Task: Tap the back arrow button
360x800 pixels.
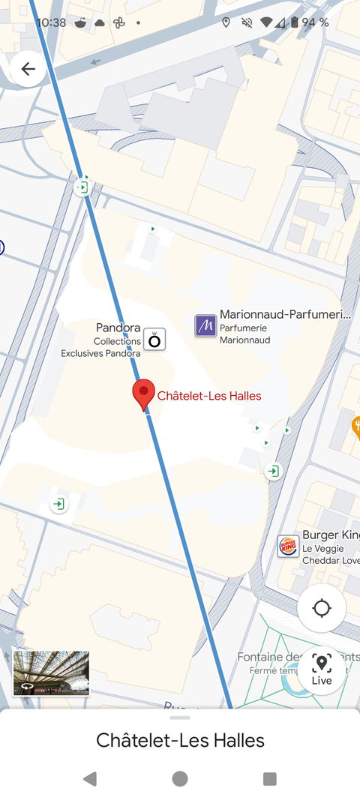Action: pyautogui.click(x=28, y=70)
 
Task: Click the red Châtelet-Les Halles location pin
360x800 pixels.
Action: pyautogui.click(x=143, y=393)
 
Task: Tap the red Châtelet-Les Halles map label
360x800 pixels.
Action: pyautogui.click(x=209, y=396)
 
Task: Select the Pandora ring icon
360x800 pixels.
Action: pyautogui.click(x=154, y=340)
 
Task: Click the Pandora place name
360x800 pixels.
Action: pyautogui.click(x=118, y=328)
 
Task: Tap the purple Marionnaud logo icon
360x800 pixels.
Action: pyautogui.click(x=205, y=325)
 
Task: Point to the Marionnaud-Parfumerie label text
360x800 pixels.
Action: pyautogui.click(x=285, y=315)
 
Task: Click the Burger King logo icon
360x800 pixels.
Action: pyautogui.click(x=288, y=546)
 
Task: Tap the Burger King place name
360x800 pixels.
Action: pyautogui.click(x=330, y=535)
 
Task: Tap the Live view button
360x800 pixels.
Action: pyautogui.click(x=322, y=670)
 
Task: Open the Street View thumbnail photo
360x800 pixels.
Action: pyautogui.click(x=51, y=673)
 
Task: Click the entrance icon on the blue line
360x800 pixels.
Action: pyautogui.click(x=83, y=187)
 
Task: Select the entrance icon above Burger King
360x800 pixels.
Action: pyautogui.click(x=274, y=471)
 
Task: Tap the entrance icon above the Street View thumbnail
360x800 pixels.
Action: pyautogui.click(x=58, y=505)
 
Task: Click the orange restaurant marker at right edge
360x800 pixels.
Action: pyautogui.click(x=356, y=427)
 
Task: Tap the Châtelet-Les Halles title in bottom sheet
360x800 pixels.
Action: pyautogui.click(x=180, y=741)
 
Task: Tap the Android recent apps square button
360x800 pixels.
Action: pyautogui.click(x=270, y=779)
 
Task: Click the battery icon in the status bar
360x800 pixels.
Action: pyautogui.click(x=295, y=22)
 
